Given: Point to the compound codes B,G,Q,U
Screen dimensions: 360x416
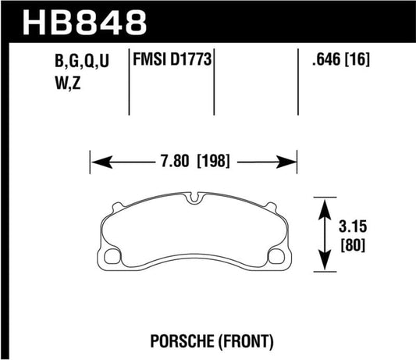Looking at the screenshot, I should pyautogui.click(x=80, y=59).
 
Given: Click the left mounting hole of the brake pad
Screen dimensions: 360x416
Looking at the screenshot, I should pyautogui.click(x=111, y=256).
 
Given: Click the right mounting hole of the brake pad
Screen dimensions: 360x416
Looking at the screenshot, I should pyautogui.click(x=276, y=256).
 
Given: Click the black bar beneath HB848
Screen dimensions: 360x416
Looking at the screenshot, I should pyautogui.click(x=208, y=40).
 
